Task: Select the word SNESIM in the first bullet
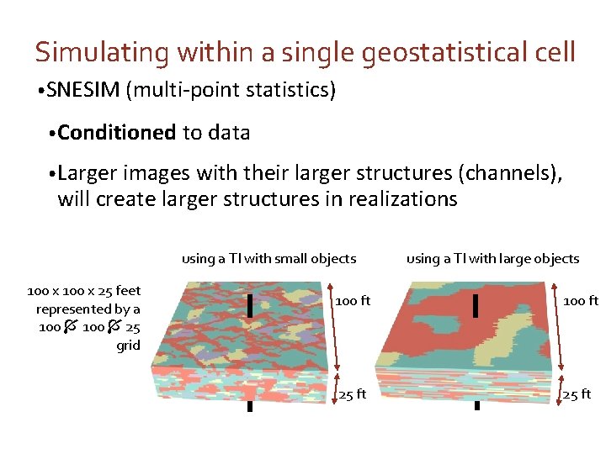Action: point(84,90)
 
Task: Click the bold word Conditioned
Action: point(117,132)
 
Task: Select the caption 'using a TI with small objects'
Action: point(268,258)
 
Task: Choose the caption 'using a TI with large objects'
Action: point(492,258)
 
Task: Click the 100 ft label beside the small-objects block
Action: point(353,300)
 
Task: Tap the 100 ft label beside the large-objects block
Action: point(581,300)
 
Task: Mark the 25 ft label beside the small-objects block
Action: point(352,394)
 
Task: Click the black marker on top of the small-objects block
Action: point(250,306)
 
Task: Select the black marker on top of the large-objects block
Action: point(476,306)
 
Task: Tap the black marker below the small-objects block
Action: point(250,406)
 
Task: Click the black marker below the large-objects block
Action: point(476,405)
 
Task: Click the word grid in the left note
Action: point(128,345)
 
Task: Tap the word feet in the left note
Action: point(128,291)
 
